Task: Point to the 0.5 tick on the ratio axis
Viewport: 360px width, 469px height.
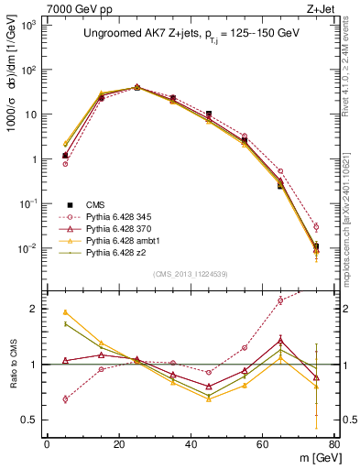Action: point(33,420)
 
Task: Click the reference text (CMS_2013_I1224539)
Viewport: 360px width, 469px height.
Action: point(191,273)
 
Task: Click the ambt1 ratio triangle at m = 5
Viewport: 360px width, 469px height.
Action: point(65,312)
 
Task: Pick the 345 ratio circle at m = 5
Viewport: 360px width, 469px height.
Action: point(65,398)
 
